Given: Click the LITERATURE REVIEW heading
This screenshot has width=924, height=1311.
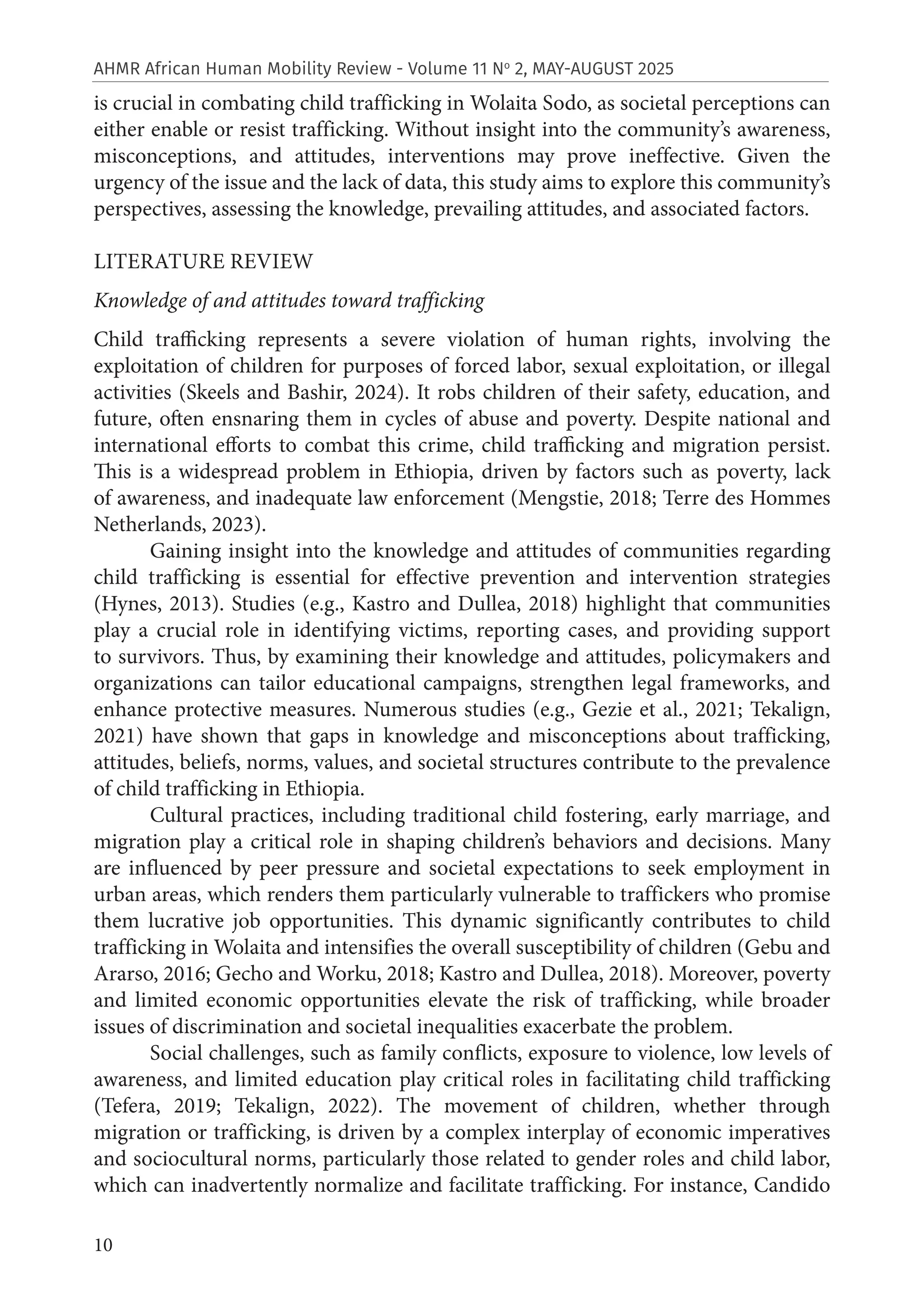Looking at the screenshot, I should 203,262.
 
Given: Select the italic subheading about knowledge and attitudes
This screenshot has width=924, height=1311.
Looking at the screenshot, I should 289,301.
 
